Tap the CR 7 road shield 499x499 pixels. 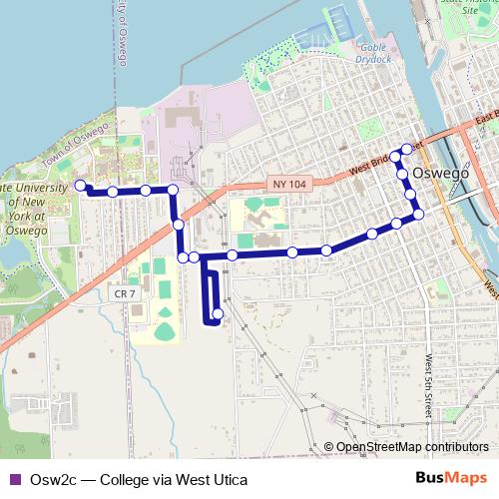[123, 292]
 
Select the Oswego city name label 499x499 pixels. [440, 172]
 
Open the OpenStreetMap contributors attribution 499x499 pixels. [406, 447]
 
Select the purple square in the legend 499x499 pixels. [13, 479]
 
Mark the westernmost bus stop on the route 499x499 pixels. [80, 185]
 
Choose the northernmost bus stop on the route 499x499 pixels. [406, 149]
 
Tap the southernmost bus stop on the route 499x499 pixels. [218, 314]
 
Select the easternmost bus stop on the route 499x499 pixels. [418, 213]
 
